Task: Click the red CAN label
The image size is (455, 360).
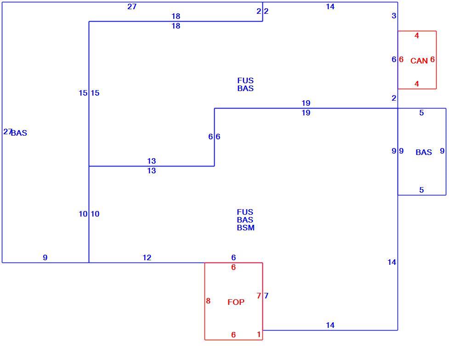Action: [419, 61]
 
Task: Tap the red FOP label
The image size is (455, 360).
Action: [236, 302]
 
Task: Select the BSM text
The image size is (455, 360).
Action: [245, 228]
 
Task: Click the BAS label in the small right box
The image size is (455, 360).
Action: [424, 152]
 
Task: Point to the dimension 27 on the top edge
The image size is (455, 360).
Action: [132, 6]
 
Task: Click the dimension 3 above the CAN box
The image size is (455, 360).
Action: [394, 16]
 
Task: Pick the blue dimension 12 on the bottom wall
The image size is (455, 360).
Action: [147, 257]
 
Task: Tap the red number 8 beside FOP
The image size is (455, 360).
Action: [208, 301]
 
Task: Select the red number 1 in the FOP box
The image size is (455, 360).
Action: [259, 334]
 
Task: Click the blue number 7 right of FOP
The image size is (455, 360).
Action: [267, 296]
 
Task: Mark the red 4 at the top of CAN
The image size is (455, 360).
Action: [417, 36]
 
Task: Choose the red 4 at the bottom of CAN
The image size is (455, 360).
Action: [417, 84]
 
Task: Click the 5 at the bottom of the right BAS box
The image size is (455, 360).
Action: [421, 190]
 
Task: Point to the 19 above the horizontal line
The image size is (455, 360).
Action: [306, 103]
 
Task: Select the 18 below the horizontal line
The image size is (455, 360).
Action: [176, 26]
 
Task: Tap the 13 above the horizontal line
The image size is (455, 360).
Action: [152, 161]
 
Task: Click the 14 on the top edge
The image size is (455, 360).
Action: [330, 6]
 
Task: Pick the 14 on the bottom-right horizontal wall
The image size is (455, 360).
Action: [330, 325]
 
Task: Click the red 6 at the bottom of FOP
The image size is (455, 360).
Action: [233, 335]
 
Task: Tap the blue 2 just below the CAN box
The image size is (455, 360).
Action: [394, 98]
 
